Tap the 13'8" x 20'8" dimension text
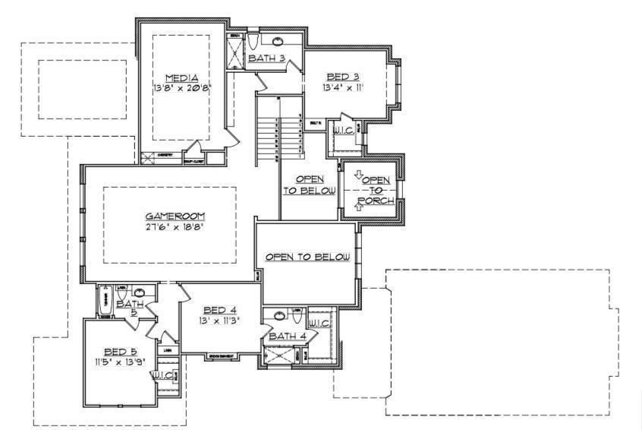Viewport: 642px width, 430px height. pyautogui.click(x=181, y=87)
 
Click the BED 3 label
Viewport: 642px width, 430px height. pyautogui.click(x=342, y=77)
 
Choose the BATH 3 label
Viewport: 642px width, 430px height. pyautogui.click(x=266, y=58)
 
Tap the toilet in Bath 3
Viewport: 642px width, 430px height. pyautogui.click(x=253, y=41)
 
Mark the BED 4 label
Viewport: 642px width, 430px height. pyautogui.click(x=220, y=310)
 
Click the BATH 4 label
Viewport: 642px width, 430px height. pyautogui.click(x=287, y=336)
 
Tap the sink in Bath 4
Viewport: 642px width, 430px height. pyautogui.click(x=279, y=315)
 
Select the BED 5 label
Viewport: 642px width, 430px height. pyautogui.click(x=119, y=351)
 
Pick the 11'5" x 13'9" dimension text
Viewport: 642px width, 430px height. pyautogui.click(x=119, y=362)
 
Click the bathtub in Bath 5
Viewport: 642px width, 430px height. pyautogui.click(x=105, y=302)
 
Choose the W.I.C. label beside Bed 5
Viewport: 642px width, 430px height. pyautogui.click(x=162, y=375)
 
